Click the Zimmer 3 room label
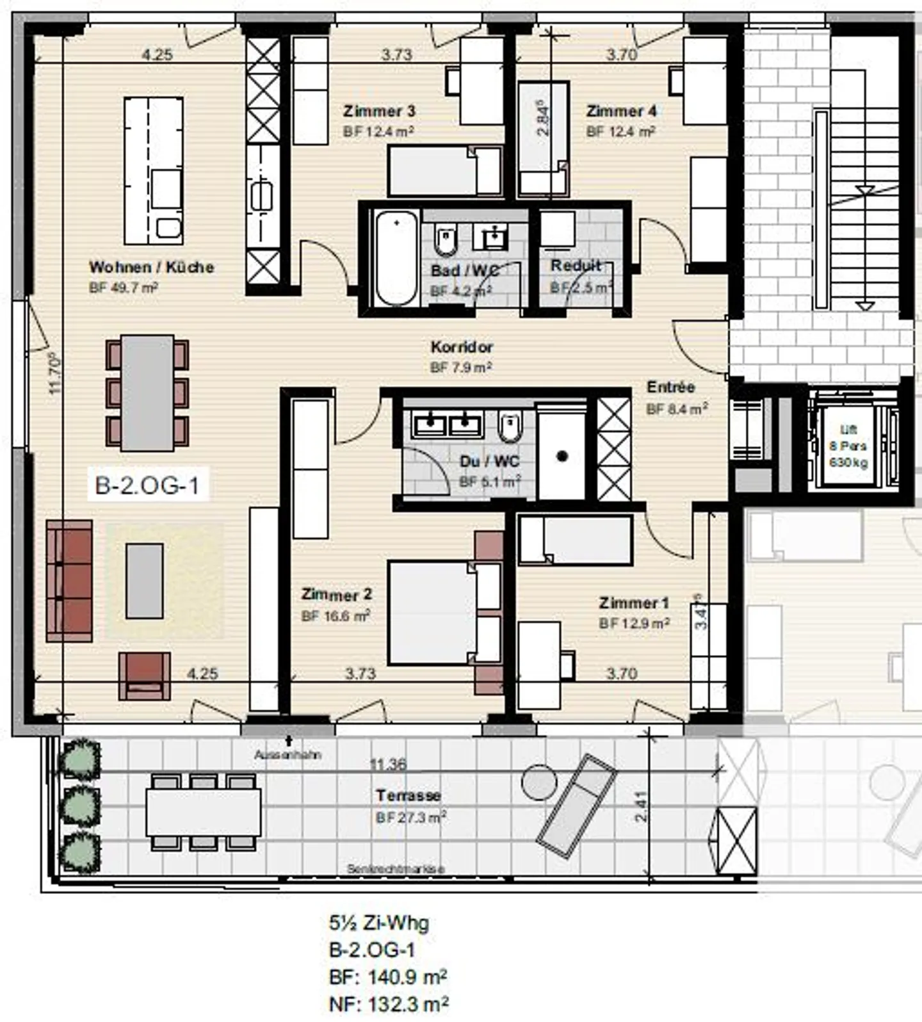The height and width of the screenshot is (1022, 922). [x=379, y=111]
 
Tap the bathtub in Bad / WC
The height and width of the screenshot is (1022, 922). [x=396, y=259]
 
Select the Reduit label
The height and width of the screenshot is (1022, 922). [x=576, y=265]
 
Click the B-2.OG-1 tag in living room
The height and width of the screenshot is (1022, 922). [x=147, y=485]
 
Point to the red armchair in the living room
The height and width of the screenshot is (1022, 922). [x=145, y=676]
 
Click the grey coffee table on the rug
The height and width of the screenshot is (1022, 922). [x=144, y=581]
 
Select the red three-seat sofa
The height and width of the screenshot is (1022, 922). [x=69, y=581]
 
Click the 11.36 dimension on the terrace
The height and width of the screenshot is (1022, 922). [x=388, y=764]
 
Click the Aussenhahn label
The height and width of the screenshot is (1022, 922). [x=287, y=755]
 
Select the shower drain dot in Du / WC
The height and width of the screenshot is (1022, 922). [x=562, y=456]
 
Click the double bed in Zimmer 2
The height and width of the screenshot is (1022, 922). [x=432, y=612]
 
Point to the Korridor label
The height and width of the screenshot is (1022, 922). [x=462, y=347]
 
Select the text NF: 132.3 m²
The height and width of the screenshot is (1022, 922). [x=388, y=1003]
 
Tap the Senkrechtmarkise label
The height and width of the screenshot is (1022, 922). [x=395, y=869]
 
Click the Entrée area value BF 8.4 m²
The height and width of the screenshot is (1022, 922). [x=677, y=409]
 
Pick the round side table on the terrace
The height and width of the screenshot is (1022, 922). [x=538, y=782]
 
